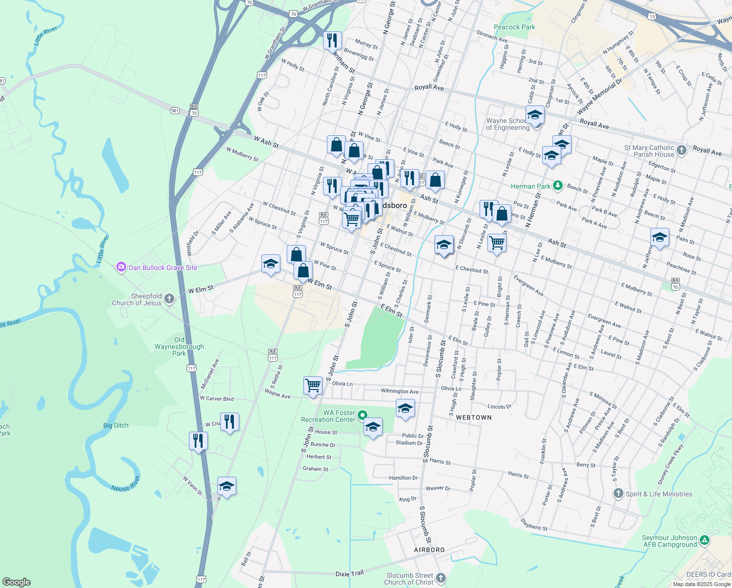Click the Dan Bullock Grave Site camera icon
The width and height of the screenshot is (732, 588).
pos(121,268)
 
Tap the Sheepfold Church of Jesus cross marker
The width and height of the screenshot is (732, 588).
pos(169,299)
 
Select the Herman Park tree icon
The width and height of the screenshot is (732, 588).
pos(557,186)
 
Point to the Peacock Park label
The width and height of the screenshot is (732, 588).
pos(514,27)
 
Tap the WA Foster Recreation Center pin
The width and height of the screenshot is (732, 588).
pos(363,416)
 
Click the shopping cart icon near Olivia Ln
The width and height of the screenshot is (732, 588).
pos(313,386)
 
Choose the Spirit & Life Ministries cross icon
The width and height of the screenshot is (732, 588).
pos(618,493)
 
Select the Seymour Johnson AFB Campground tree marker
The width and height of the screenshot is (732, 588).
pos(704,540)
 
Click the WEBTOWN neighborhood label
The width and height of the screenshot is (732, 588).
pos(474,417)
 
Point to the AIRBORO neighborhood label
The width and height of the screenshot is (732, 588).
pos(430,550)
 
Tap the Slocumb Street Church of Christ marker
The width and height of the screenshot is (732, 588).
pos(440,578)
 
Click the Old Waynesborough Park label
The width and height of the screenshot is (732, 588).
pos(179,346)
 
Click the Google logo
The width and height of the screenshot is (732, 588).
pos(17,582)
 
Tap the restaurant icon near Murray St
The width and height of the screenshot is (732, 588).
pos(332,40)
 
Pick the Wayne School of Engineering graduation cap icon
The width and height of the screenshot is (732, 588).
pos(535,116)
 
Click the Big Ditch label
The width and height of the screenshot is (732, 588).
pos(116,425)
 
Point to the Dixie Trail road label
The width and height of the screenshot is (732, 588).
pos(349,573)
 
